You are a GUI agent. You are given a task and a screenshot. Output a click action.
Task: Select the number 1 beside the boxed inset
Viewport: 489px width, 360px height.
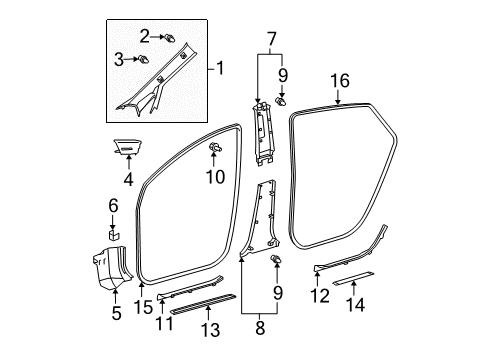pyautogui.click(x=222, y=70)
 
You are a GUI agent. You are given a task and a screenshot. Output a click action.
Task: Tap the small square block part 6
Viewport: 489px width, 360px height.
pyautogui.click(x=113, y=237)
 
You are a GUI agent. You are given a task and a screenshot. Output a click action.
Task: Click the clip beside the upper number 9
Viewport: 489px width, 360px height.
pyautogui.click(x=280, y=102)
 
